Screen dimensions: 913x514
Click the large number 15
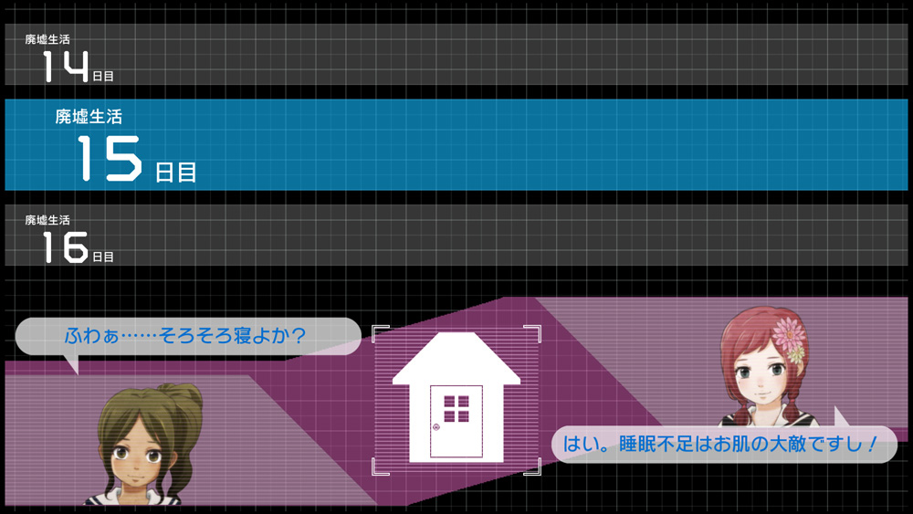110,158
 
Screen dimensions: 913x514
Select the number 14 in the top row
65,66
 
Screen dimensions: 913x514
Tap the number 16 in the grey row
65,247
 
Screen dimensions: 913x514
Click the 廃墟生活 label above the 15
89,117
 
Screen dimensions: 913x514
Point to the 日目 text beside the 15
176,173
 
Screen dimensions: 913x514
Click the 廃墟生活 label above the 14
47,39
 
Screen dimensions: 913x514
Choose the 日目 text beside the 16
103,257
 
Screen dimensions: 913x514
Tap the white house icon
456,397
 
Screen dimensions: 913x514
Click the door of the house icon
456,421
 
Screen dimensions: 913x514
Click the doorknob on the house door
436,426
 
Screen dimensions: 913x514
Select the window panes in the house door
456,408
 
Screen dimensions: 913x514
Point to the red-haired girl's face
759,374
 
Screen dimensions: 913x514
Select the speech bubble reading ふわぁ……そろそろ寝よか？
188,336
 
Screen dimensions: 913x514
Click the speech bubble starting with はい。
724,444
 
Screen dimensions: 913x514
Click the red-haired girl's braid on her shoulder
794,402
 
